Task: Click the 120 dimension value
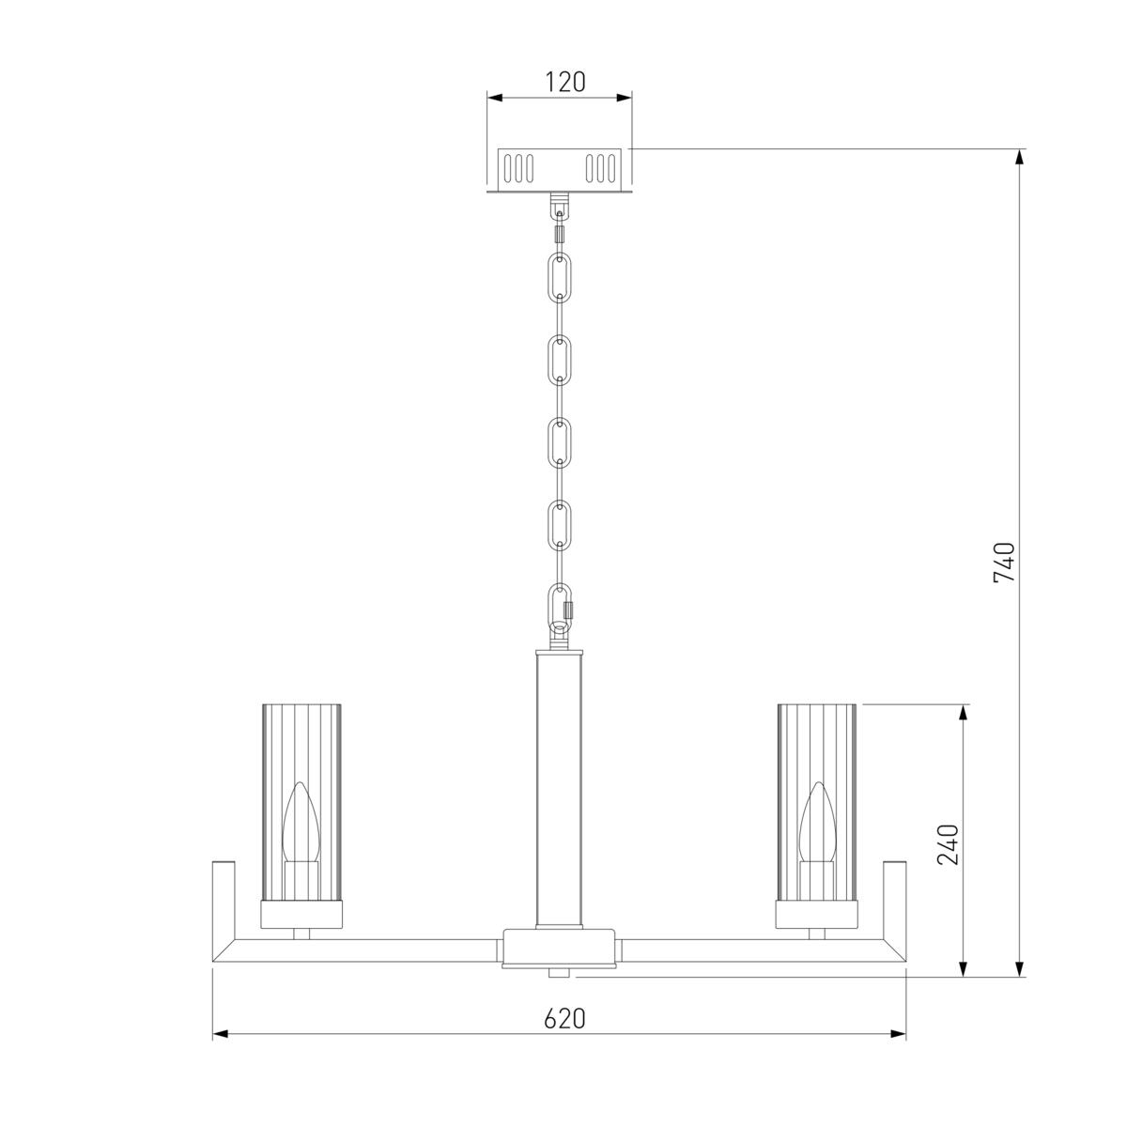point(565,83)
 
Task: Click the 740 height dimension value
point(1004,563)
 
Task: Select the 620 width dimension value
point(564,1018)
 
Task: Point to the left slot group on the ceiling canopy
point(518,168)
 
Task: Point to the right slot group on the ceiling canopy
point(601,168)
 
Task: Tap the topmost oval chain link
point(560,278)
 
